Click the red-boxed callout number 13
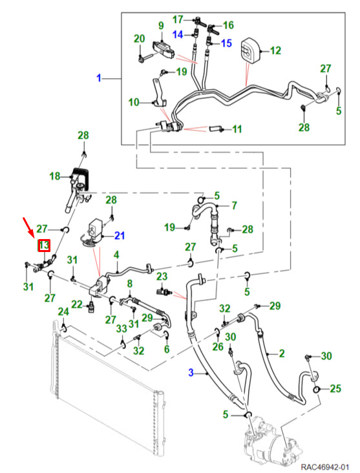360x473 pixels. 44,246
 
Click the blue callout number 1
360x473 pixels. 99,78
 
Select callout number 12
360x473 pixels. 275,50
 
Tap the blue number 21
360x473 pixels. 120,235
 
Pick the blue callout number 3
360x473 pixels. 191,372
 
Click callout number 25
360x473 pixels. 335,388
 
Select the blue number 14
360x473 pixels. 178,34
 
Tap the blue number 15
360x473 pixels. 226,43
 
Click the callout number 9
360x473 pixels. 161,26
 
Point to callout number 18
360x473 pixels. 55,176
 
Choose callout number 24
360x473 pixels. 63,311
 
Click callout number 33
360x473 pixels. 122,328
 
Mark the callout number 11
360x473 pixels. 237,129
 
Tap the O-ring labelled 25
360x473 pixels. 316,390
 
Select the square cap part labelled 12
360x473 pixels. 251,50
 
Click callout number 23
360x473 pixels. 162,277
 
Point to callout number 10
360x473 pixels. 134,102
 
